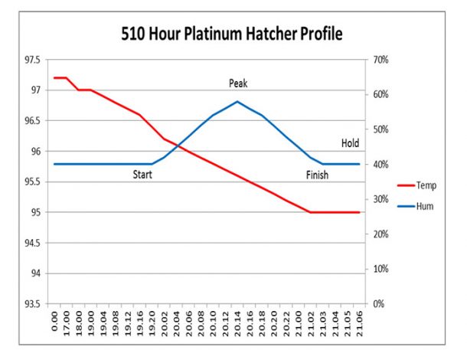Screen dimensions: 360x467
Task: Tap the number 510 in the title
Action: click(136, 34)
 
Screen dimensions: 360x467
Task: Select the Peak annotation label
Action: click(238, 83)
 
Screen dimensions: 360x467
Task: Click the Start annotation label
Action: click(142, 175)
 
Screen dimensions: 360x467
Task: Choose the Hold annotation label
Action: click(350, 143)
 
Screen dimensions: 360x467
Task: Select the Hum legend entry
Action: click(425, 206)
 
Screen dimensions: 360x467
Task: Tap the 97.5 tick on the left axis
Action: click(32, 60)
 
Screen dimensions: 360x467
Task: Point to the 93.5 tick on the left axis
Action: click(32, 304)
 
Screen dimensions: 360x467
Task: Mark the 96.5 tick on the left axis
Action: click(32, 121)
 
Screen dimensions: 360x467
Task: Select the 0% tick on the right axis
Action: click(377, 304)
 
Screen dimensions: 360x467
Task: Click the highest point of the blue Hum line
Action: click(237, 101)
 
